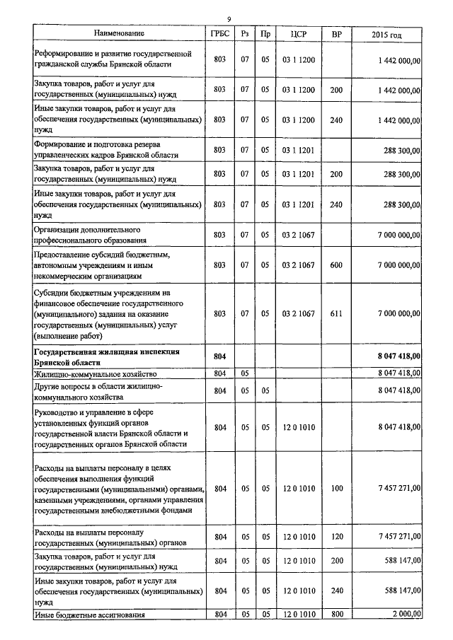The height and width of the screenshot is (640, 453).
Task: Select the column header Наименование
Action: [x=119, y=33]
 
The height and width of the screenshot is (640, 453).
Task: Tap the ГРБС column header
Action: [x=219, y=33]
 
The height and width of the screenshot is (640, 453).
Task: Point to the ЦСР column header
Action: [x=298, y=33]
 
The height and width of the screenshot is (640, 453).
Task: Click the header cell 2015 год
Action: [x=386, y=33]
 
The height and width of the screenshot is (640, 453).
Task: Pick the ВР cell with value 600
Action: [x=336, y=265]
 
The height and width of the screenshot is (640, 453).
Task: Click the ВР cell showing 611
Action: [x=336, y=313]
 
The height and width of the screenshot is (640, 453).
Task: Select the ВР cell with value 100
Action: [x=336, y=489]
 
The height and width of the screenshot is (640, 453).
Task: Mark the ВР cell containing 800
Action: [x=336, y=615]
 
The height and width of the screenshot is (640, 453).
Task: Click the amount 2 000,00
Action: [x=400, y=615]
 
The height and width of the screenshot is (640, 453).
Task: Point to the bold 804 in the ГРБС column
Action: [x=219, y=356]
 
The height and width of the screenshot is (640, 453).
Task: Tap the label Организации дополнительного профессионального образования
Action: [x=88, y=235]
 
